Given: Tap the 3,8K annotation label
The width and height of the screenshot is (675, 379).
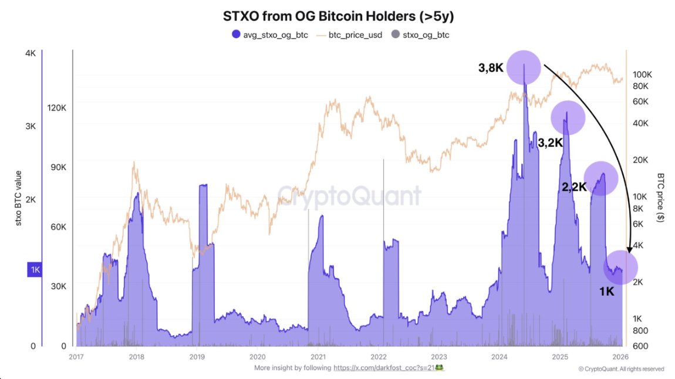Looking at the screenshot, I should click(491, 68).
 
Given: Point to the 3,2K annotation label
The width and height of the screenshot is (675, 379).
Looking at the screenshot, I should click(550, 143).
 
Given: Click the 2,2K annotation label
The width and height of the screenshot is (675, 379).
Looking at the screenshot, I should click(573, 187).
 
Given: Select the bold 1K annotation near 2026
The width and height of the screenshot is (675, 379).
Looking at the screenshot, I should click(606, 290).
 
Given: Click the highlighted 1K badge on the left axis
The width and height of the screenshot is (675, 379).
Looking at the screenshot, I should click(35, 270).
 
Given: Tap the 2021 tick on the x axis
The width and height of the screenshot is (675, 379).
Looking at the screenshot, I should click(318, 356).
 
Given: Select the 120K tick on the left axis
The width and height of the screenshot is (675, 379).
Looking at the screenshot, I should click(57, 107).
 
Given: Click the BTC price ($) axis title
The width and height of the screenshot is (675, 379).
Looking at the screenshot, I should click(661, 197).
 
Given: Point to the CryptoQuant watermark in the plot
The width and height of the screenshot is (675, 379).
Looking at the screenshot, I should click(349, 195).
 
